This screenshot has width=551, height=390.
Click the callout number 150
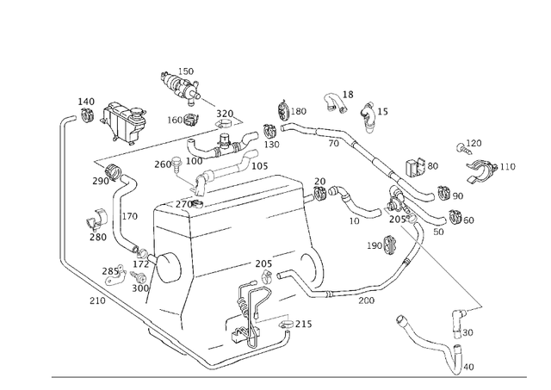tap(186, 71)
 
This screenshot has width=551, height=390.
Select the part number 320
tap(224, 114)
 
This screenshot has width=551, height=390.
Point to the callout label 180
tap(298, 111)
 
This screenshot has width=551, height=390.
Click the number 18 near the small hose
tap(348, 95)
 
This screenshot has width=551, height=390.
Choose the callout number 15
tap(382, 111)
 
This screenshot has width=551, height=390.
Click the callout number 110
tap(507, 166)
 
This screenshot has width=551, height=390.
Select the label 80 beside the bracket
tap(432, 165)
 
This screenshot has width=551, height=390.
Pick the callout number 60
tap(468, 220)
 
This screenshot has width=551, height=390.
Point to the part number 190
tap(374, 246)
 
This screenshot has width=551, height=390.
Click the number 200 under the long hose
tap(367, 301)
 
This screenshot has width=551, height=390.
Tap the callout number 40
tap(468, 367)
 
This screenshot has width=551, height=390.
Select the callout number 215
tap(303, 324)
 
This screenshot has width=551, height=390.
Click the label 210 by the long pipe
tap(97, 300)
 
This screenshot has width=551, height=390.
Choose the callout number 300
tap(140, 288)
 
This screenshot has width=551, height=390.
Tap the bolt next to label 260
tap(177, 161)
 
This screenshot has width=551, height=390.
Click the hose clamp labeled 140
tap(87, 115)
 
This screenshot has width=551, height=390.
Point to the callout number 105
tap(259, 165)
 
